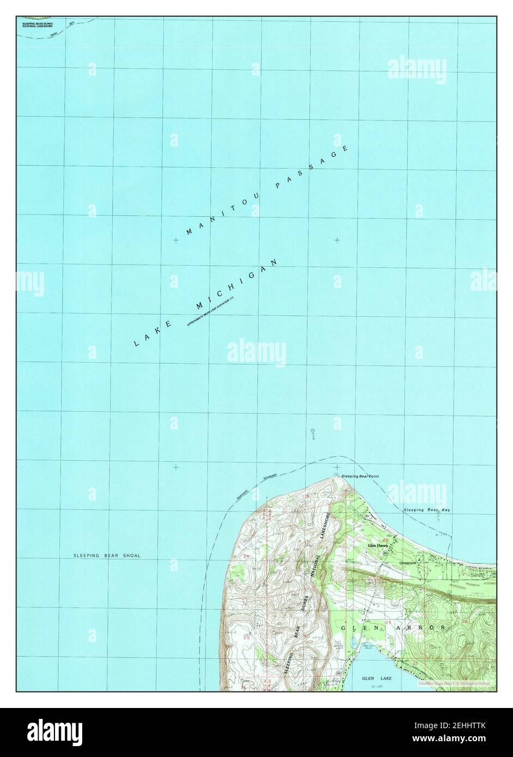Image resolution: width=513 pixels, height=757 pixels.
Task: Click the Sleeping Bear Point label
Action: pos(359,476)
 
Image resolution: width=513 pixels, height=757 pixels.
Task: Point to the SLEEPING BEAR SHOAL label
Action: pos(107,555)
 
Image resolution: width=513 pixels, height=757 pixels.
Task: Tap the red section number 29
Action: pos(387,621)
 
